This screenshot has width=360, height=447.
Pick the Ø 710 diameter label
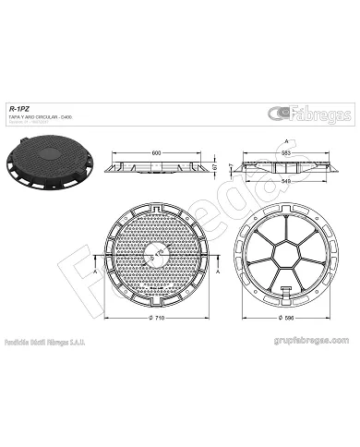[x=158, y=318]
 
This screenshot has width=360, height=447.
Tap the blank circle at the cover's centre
[x=159, y=250]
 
